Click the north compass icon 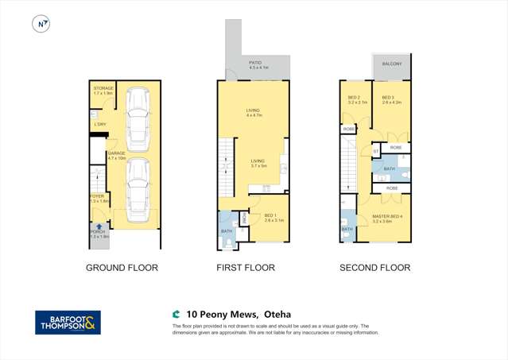click(41, 24)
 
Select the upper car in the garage click(138, 119)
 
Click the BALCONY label click(391, 64)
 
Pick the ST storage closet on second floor click(375, 151)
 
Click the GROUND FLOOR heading click(122, 268)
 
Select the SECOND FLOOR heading click(374, 268)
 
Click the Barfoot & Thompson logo click(68, 322)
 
